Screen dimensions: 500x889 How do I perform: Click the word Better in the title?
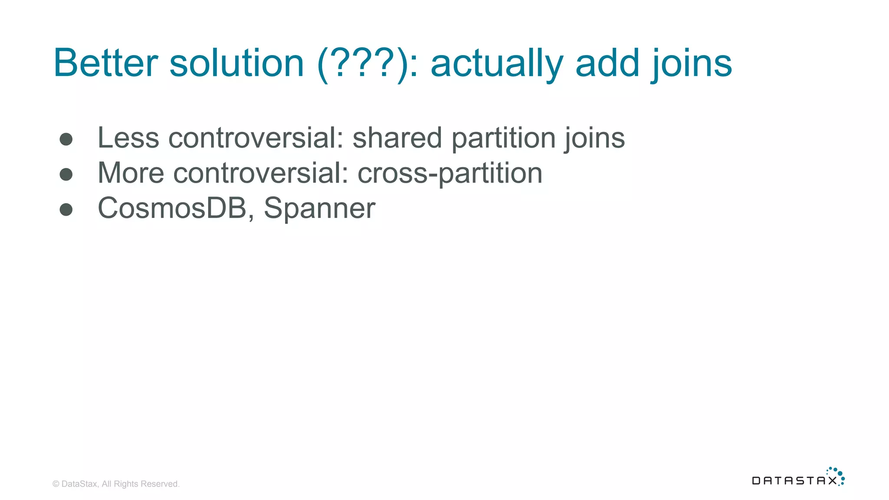click(105, 63)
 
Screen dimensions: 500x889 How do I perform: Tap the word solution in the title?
click(237, 63)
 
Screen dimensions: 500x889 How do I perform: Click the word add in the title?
click(607, 63)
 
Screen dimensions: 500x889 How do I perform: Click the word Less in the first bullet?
click(128, 138)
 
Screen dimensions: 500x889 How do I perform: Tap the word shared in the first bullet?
click(397, 138)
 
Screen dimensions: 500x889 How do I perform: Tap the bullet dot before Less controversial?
click(66, 139)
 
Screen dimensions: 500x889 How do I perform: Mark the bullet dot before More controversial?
click(66, 174)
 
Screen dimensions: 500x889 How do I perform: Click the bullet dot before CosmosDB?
click(66, 210)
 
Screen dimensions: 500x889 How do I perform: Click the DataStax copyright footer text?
click(116, 484)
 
